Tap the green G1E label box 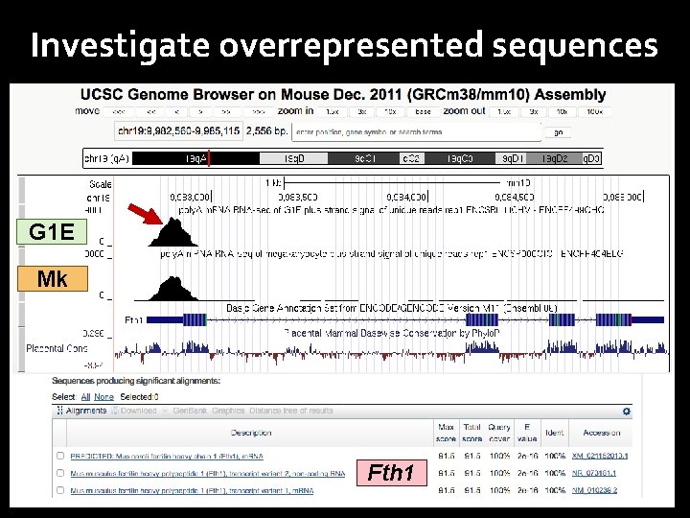pyautogui.click(x=51, y=231)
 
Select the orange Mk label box pyautogui.click(x=52, y=278)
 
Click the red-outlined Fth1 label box pyautogui.click(x=392, y=472)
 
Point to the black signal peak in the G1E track pyautogui.click(x=173, y=233)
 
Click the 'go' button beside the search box pyautogui.click(x=559, y=132)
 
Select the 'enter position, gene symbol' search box pyautogui.click(x=417, y=132)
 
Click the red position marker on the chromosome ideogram pyautogui.click(x=209, y=158)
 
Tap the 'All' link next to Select pyautogui.click(x=85, y=397)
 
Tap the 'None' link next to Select pyautogui.click(x=103, y=397)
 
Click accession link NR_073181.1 pyautogui.click(x=599, y=473)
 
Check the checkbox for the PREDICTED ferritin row pyautogui.click(x=60, y=457)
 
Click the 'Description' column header pyautogui.click(x=251, y=433)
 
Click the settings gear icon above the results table pyautogui.click(x=627, y=412)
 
